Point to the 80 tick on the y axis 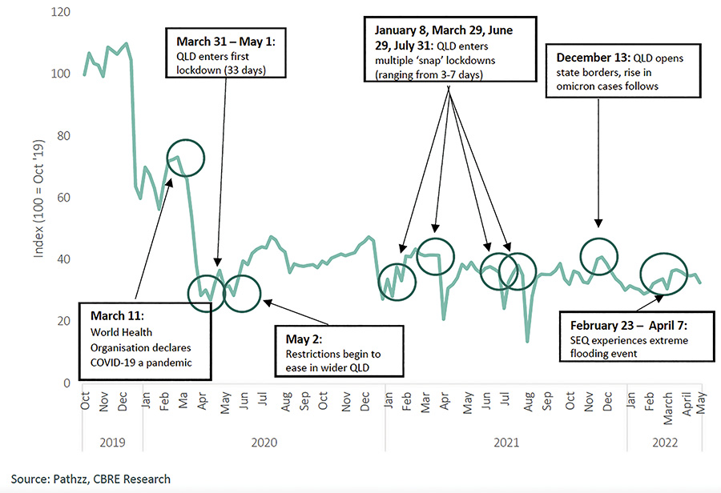62,136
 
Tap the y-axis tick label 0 67,383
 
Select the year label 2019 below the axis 103,441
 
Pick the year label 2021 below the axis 505,441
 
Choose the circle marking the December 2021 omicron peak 600,257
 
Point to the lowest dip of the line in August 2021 527,342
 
